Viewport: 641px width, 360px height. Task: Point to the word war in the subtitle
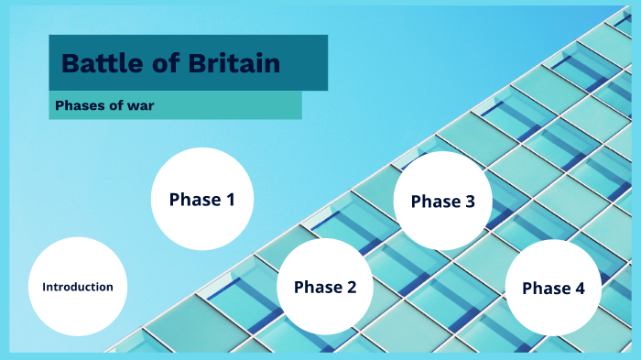coord(140,105)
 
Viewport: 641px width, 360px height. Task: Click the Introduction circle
coord(78,287)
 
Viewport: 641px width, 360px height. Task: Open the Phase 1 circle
coord(201,199)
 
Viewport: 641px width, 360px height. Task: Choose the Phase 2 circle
coord(325,287)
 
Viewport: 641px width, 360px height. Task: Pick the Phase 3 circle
coord(442,202)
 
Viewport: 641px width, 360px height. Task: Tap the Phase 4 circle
coord(553,288)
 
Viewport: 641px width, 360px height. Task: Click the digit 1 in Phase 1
coord(229,199)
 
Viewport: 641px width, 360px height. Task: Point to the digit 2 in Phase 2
coord(351,287)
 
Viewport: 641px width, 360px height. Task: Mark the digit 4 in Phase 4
coord(579,288)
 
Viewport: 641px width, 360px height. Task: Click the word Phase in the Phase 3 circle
coord(435,202)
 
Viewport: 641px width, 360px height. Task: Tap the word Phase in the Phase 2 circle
coord(318,287)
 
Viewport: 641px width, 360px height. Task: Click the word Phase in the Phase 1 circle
coord(194,199)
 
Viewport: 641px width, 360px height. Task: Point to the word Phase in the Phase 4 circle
coord(546,288)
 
